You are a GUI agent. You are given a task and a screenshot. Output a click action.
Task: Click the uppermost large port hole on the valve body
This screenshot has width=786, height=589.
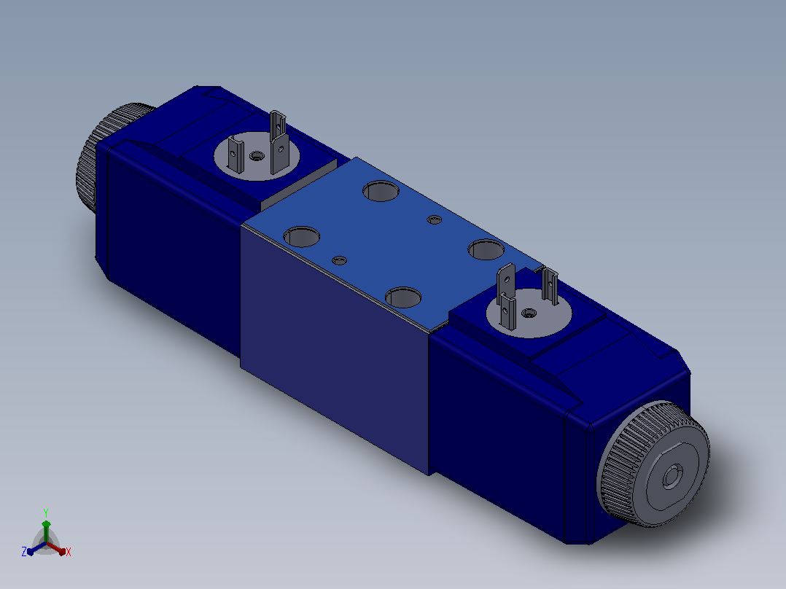[x=381, y=191]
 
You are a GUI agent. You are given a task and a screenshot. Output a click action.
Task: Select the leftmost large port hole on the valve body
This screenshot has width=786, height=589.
[x=302, y=237]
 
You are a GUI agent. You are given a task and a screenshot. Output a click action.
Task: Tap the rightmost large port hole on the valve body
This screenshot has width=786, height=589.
[x=486, y=249]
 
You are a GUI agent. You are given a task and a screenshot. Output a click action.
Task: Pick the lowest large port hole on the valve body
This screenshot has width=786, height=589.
[x=403, y=297]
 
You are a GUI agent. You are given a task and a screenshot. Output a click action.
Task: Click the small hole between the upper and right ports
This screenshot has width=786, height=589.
[x=434, y=219]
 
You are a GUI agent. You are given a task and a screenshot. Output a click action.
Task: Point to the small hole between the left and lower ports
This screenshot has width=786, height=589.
[x=339, y=261]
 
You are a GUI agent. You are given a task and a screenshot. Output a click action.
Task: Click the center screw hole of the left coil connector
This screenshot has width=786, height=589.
[x=257, y=156]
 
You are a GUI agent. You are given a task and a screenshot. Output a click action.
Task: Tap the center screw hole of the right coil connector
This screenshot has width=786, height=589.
[x=529, y=313]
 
